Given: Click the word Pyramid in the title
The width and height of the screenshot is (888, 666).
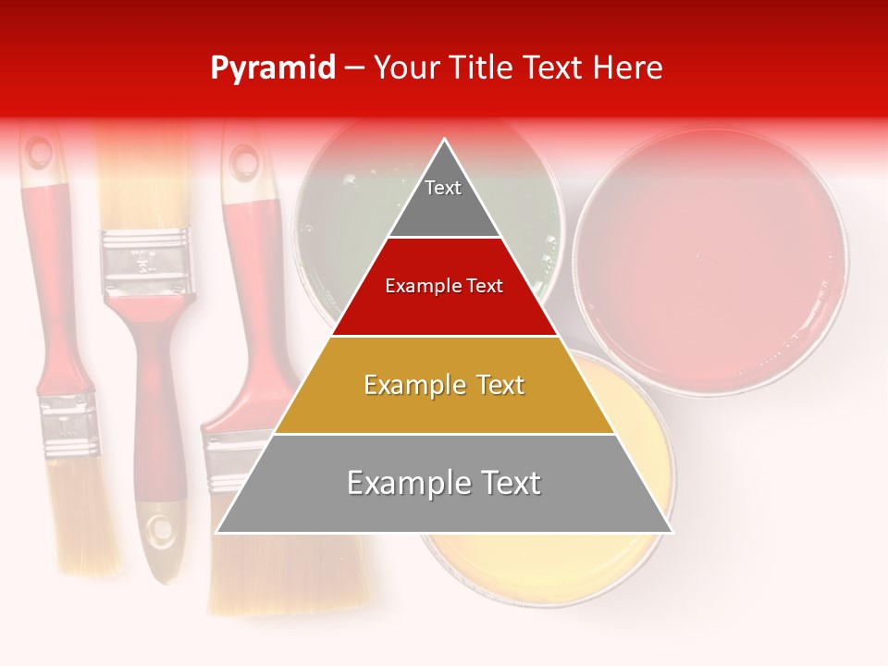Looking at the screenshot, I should [272, 68].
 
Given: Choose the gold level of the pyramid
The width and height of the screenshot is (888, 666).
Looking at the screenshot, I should [444, 385].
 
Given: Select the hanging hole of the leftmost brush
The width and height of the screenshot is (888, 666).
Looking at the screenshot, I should [39, 154].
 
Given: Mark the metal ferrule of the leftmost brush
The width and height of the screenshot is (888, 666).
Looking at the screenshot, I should [69, 425].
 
